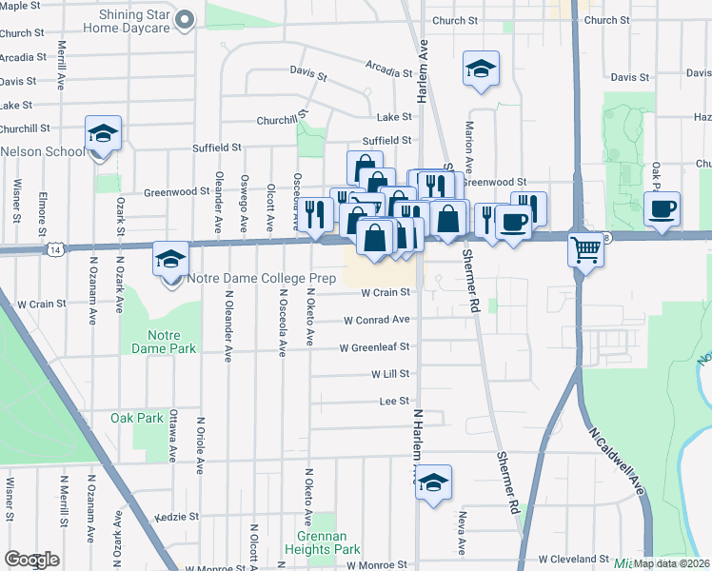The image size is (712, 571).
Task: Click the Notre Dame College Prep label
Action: tap(250, 279)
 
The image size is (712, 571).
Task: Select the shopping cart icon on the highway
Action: tap(585, 251)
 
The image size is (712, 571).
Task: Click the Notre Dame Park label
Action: tap(171, 342)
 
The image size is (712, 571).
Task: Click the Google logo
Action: tap(31, 560)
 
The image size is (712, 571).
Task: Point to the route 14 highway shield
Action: tap(57, 249)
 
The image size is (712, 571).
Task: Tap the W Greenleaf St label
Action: tap(374, 347)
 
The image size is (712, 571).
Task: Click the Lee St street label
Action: tap(394, 402)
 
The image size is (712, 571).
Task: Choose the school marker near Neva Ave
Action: tap(433, 482)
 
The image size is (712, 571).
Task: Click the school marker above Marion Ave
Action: tap(481, 69)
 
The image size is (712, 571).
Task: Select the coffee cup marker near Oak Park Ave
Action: tap(662, 208)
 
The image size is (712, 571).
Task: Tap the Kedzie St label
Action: tap(180, 517)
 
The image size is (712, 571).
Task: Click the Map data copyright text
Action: tap(672, 563)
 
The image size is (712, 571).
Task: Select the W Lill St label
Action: tap(389, 375)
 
